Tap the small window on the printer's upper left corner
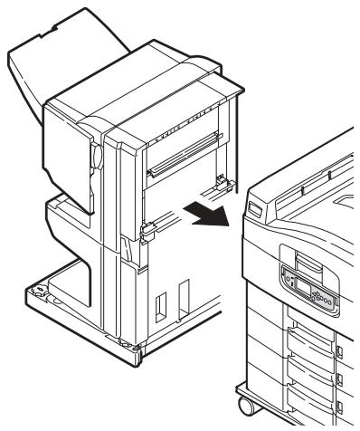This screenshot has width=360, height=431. coord(253,209)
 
